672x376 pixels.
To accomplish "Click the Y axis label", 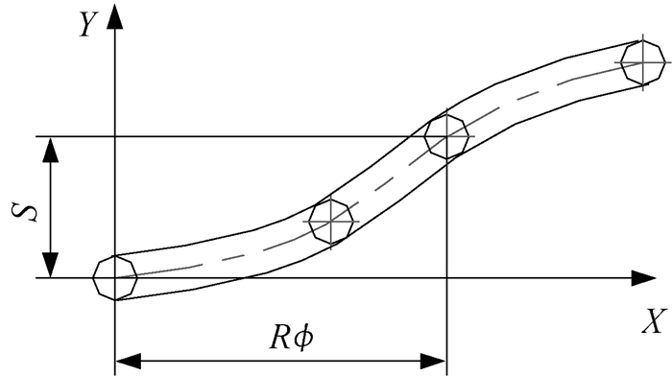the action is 89,24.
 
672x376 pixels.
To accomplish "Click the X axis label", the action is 655,320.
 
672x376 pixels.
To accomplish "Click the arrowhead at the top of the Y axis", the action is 114,16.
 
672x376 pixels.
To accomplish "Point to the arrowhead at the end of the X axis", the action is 644,278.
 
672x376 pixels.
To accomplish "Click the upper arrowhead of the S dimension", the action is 51,150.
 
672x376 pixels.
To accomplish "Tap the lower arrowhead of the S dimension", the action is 51,265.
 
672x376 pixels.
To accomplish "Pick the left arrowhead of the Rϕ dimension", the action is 129,361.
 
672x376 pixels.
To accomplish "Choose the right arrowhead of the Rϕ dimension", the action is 433,361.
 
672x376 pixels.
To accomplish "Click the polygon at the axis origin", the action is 115,277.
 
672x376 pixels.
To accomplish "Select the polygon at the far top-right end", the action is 643,62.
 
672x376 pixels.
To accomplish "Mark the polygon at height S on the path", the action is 446,136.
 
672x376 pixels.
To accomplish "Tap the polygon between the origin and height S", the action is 330,222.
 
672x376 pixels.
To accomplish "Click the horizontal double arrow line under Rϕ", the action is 280,361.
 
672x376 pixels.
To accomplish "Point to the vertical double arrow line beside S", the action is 51,207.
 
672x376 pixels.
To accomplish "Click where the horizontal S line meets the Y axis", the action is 115,136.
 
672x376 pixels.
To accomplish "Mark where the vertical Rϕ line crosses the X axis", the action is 446,278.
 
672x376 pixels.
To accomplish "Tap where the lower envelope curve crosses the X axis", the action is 244,278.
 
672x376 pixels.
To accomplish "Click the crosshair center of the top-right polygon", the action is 643,62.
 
